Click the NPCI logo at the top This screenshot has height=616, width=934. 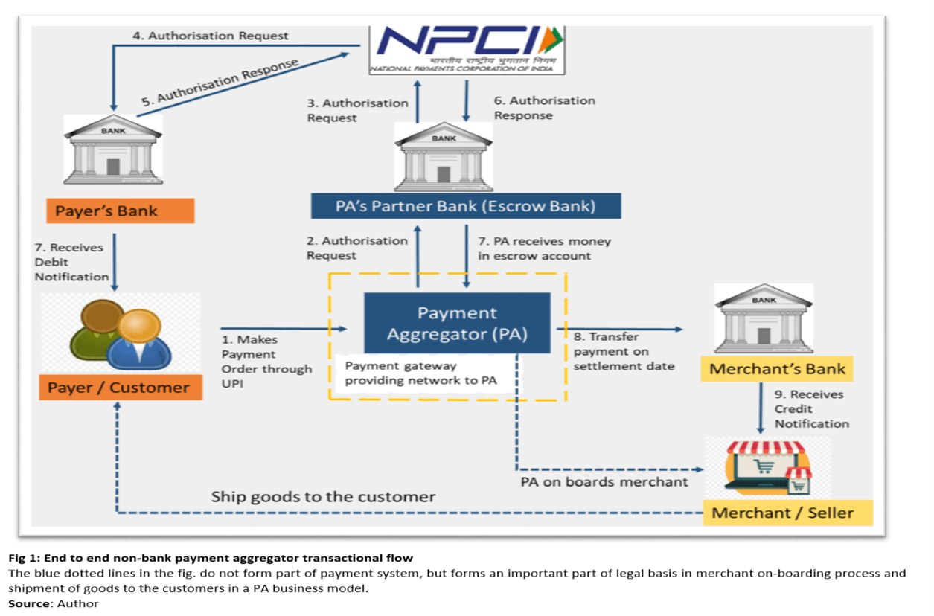coord(467,50)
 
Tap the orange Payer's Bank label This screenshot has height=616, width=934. coord(121,211)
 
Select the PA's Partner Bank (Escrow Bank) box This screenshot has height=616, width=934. coord(466,206)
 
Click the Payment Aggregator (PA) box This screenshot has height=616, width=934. coord(458,323)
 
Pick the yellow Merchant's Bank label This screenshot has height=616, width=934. coord(777,369)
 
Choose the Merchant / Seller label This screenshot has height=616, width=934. coord(788,513)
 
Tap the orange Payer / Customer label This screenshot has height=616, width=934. coord(121,387)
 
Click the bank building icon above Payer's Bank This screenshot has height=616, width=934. coord(113,150)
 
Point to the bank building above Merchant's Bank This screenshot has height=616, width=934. coord(764,319)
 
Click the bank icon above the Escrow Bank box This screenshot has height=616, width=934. coord(444,157)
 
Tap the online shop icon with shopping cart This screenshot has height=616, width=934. coord(768,468)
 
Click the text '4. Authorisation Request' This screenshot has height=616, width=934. coord(211,36)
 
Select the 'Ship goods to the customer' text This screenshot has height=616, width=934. coord(323,497)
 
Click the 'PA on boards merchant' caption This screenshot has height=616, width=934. coord(604,482)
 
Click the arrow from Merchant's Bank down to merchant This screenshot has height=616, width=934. coord(761,408)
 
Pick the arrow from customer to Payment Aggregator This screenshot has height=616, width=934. coord(284,329)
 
